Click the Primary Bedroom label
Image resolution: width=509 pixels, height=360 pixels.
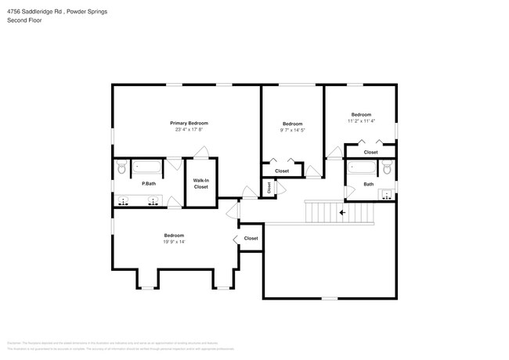pos(189,123)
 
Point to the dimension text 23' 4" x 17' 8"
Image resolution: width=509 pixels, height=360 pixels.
pos(189,129)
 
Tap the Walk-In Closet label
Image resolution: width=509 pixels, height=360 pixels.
pos(200,184)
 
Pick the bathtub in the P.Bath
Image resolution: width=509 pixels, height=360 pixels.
pos(147,166)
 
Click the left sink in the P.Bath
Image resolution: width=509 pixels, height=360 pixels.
pos(124,201)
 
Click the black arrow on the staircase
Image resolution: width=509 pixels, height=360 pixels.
pos(341,211)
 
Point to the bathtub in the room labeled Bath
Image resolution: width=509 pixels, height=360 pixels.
pos(361,167)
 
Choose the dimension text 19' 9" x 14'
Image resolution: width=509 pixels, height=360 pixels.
pos(174,241)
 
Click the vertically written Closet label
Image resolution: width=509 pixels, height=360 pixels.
pos(269,187)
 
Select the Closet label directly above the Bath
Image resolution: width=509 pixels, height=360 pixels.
pos(370,152)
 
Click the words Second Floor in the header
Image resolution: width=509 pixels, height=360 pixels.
pos(24,20)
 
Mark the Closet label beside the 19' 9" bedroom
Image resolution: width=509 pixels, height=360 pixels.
pos(251,238)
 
